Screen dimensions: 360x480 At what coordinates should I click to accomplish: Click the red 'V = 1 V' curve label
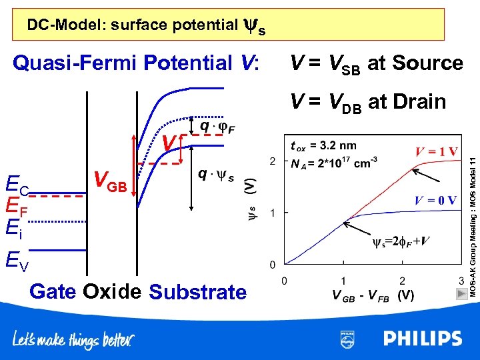click(436, 151)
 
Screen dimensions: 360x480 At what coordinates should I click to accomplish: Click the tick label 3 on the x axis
click(461, 281)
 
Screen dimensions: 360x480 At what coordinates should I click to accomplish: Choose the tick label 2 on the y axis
click(272, 162)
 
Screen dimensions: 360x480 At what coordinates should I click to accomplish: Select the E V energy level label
click(17, 259)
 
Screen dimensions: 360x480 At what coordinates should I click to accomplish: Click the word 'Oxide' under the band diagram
click(112, 291)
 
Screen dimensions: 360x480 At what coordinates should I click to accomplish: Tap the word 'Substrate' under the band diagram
click(198, 292)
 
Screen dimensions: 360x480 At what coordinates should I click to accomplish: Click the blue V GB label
click(110, 181)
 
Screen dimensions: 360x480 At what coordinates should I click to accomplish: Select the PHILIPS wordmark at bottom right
click(422, 339)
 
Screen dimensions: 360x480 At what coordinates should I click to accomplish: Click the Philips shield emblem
click(347, 339)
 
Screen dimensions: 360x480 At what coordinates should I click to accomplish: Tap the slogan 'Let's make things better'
click(74, 340)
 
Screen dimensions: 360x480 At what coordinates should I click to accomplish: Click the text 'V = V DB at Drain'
click(367, 102)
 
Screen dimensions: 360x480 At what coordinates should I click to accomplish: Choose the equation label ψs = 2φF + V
click(400, 241)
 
